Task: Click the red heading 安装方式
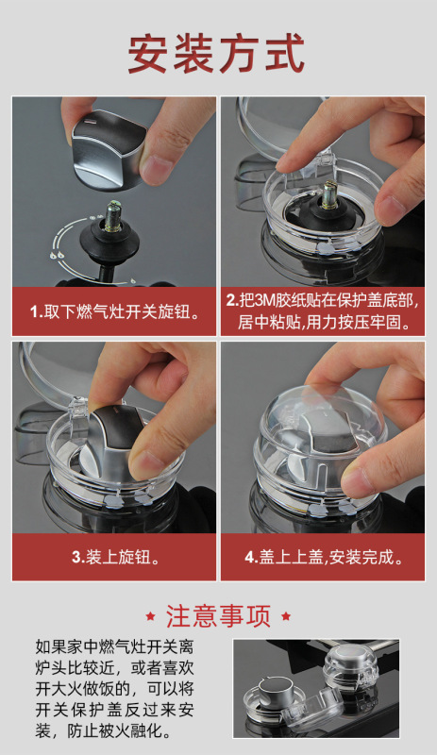coord(216,53)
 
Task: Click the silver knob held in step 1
coord(109,148)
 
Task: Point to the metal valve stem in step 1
coord(114,217)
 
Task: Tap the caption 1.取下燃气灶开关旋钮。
coord(114,312)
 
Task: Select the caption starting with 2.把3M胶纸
coord(323,311)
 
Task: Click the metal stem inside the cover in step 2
coord(329,194)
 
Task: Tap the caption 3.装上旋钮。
coord(115,557)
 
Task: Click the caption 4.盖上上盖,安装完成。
coord(324,557)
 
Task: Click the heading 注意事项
coord(218,616)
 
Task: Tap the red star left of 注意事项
coord(150,616)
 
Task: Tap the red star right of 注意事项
coord(286,616)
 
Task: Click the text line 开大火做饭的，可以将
coord(114,689)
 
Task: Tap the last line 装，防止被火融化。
coord(104,731)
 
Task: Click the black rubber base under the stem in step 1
coord(109,241)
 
